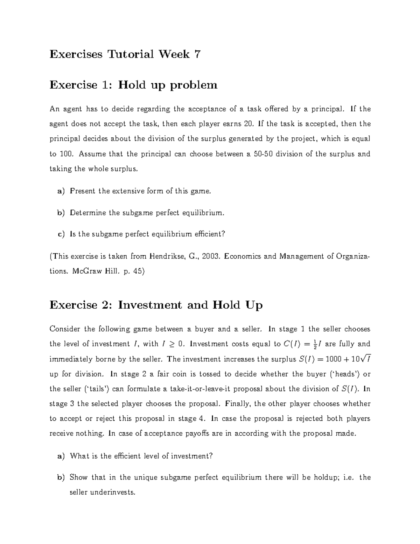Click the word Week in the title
tap(174, 54)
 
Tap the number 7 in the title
tap(197, 54)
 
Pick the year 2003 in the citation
tap(211, 256)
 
